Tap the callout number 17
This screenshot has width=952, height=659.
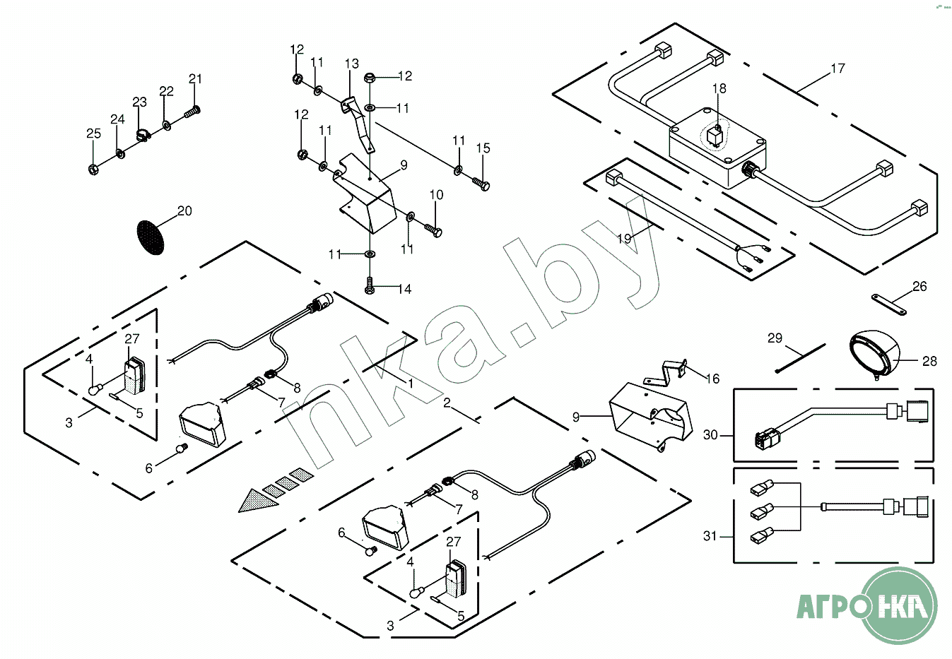point(838,69)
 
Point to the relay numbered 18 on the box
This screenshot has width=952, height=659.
point(717,134)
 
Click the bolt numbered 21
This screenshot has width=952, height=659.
point(192,111)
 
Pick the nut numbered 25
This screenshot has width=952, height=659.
point(93,169)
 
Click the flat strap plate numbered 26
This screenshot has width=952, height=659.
point(889,304)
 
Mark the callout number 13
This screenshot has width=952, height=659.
point(352,64)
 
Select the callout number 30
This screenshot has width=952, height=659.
point(710,435)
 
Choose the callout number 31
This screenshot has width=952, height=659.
point(710,536)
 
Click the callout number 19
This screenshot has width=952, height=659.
point(624,239)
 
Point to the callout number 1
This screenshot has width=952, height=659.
point(410,382)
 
